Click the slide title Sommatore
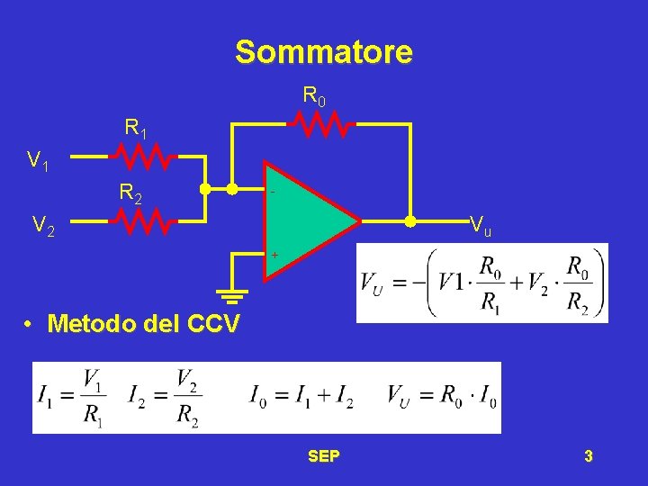(324, 52)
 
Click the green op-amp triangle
(306, 221)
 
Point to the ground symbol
(231, 294)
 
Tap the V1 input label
(38, 162)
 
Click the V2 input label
(43, 226)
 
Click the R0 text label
(313, 94)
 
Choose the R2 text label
(130, 192)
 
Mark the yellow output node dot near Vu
(410, 220)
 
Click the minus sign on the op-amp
(273, 193)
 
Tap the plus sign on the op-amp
(274, 256)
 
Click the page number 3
(588, 456)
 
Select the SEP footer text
(324, 456)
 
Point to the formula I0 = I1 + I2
(301, 397)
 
